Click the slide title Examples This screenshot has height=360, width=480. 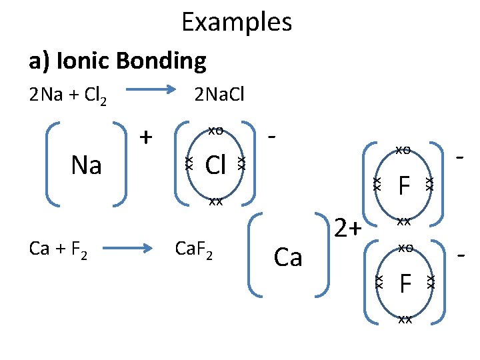pos(237,22)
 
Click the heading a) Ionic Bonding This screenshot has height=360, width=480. pos(117,61)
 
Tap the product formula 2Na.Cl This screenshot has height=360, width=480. pos(219,95)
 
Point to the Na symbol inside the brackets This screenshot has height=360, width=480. pos(87,165)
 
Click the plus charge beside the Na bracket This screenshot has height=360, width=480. pos(145,137)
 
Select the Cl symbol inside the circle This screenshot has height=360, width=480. pos(215,165)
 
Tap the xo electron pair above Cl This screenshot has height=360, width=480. pos(215,130)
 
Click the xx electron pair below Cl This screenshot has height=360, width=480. pos(215,201)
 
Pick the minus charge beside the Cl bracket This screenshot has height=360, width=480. pos(271,136)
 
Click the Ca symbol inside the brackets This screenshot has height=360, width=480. pos(288,257)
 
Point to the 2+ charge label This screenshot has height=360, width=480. pos(347,229)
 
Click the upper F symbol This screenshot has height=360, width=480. pos(403,185)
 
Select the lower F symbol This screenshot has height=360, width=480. pos(403,283)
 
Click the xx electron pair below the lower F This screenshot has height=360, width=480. pos(403,319)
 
